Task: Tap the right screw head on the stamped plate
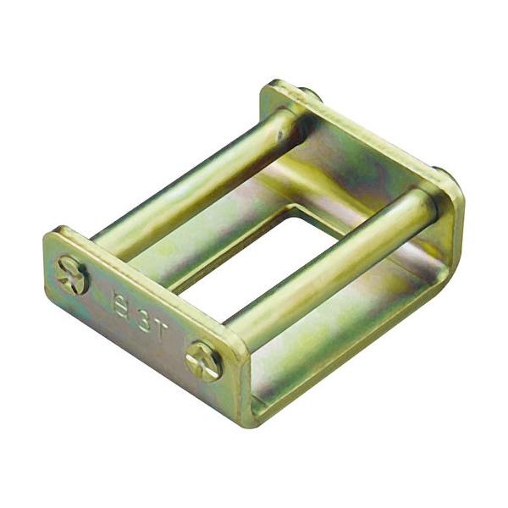(204, 361)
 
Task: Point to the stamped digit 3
(142, 314)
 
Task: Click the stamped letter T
(161, 326)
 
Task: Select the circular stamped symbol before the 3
(123, 302)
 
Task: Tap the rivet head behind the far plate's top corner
(308, 92)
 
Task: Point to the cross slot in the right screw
(204, 361)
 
